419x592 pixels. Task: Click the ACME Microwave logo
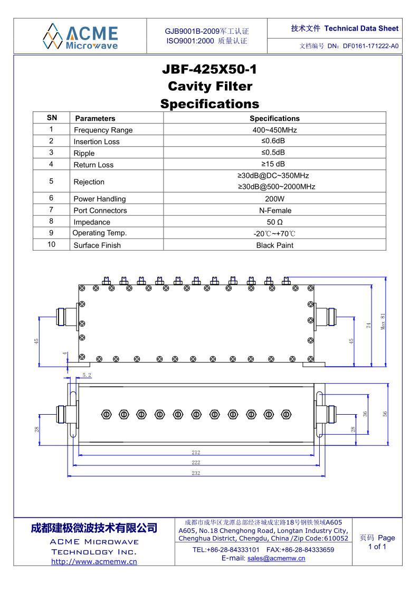(81, 36)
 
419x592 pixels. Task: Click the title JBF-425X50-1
(209, 69)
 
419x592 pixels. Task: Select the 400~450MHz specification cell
(274, 130)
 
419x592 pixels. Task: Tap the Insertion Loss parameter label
(97, 141)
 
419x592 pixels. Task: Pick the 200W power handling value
(274, 199)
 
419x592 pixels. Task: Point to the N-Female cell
(274, 211)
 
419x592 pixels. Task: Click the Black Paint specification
(274, 245)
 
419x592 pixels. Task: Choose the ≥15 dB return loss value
(274, 165)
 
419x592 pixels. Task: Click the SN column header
(52, 118)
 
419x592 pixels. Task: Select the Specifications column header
(274, 119)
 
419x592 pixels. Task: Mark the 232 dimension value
(196, 473)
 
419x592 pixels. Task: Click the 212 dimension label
(196, 452)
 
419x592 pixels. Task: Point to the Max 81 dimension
(384, 321)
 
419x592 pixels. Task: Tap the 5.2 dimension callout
(87, 375)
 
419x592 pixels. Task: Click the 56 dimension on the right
(385, 414)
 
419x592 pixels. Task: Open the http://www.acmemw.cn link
(94, 561)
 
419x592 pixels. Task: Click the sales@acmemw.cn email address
(276, 558)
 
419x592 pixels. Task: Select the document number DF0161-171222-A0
(370, 46)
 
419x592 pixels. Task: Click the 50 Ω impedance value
(274, 222)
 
